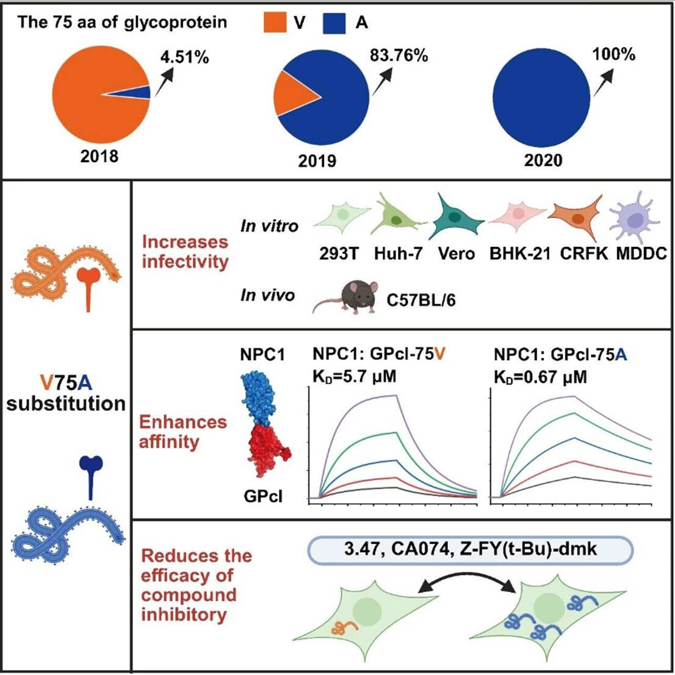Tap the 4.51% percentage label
[x=184, y=57]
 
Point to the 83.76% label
[x=399, y=55]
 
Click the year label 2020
[x=544, y=161]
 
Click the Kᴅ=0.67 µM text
[x=540, y=376]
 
